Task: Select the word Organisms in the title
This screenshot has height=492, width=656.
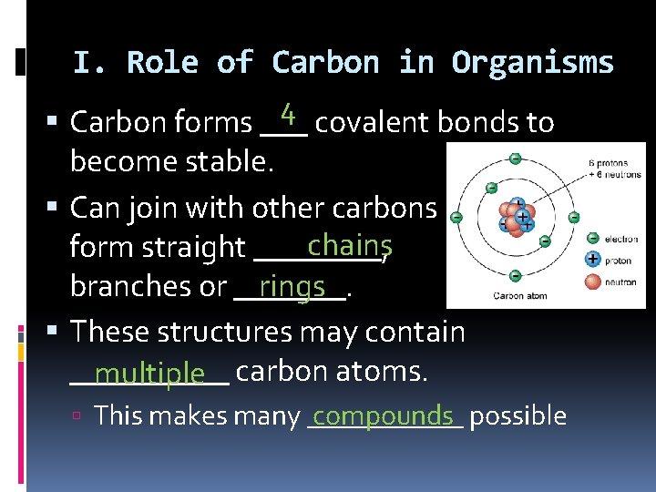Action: pos(533,63)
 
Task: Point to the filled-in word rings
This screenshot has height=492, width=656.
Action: pos(292,286)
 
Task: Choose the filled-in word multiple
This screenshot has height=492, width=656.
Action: pos(149,373)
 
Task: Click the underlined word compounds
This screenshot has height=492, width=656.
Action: pos(383,415)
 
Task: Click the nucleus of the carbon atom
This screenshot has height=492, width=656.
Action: pos(515,219)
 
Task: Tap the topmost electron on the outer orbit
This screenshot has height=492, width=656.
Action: pos(516,159)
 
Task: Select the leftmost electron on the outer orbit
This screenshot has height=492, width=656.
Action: pos(456,218)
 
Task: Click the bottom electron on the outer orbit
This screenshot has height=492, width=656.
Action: pos(515,278)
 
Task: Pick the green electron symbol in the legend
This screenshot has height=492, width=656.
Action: pos(593,240)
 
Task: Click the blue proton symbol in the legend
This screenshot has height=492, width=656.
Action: pos(593,260)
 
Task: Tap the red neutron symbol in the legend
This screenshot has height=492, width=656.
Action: pos(593,281)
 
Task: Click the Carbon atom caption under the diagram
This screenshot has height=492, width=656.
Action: pos(520,296)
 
